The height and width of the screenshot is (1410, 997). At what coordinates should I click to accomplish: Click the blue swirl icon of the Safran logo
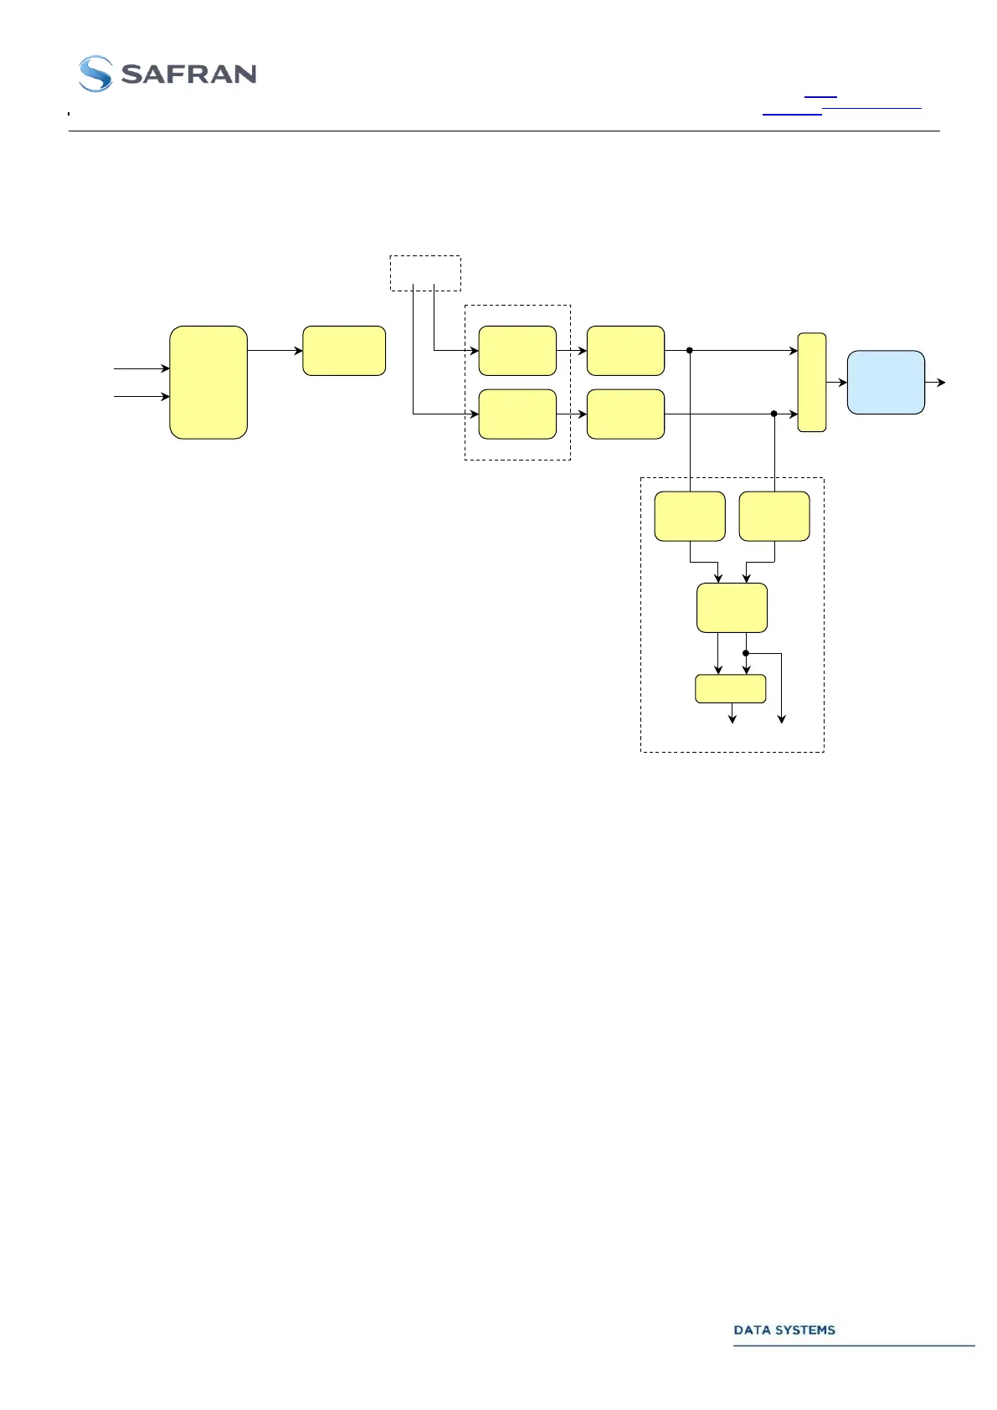[x=95, y=74]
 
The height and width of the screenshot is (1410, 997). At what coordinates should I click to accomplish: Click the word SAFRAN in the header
[x=188, y=75]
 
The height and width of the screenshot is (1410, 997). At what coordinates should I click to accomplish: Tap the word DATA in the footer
[x=751, y=1330]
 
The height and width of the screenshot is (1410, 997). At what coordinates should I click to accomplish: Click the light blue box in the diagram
[x=886, y=383]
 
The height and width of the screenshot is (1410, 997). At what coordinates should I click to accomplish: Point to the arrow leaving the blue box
[x=936, y=383]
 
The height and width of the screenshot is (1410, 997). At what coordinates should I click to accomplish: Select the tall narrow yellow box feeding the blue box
[x=812, y=383]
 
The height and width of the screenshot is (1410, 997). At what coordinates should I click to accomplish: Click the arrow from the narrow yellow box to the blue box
[x=836, y=383]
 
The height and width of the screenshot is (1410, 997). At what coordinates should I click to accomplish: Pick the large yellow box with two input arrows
[x=208, y=383]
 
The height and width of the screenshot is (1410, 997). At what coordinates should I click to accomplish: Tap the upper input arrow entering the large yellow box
[x=142, y=368]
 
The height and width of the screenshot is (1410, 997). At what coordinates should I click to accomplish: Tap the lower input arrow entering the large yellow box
[x=142, y=396]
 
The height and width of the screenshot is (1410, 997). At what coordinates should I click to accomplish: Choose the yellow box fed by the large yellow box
[x=344, y=351]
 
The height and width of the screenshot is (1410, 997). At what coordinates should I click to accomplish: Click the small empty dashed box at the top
[x=425, y=273]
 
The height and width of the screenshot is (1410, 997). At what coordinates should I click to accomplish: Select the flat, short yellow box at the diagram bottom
[x=731, y=688]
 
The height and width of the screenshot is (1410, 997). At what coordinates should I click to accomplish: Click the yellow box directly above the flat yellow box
[x=732, y=608]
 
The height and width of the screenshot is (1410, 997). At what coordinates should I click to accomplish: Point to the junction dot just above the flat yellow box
[x=746, y=653]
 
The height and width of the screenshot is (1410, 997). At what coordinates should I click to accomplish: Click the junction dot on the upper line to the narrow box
[x=689, y=351]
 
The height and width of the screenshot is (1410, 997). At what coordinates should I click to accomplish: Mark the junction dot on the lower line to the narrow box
[x=774, y=414]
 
